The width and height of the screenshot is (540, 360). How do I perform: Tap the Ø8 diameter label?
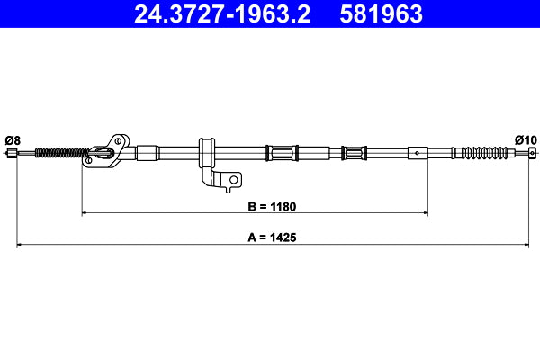pyautogui.click(x=13, y=139)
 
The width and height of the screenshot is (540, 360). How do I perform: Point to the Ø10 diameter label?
pyautogui.click(x=526, y=139)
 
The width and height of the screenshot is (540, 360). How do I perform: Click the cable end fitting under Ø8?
pyautogui.click(x=12, y=154)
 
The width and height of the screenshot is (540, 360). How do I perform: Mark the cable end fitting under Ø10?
pyautogui.click(x=530, y=153)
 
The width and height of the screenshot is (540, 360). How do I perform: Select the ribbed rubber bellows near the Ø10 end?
pyautogui.click(x=486, y=152)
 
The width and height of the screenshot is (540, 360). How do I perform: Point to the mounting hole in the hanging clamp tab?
pyautogui.click(x=233, y=180)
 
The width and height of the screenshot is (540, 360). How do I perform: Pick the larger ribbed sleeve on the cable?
pyautogui.click(x=281, y=152)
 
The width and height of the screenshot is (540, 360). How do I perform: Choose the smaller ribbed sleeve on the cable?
pyautogui.click(x=354, y=152)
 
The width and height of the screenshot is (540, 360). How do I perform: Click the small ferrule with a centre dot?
pyautogui.click(x=418, y=152)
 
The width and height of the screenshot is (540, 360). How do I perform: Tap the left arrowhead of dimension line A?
pyautogui.click(x=21, y=245)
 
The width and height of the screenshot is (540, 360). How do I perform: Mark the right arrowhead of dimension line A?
pyautogui.click(x=526, y=245)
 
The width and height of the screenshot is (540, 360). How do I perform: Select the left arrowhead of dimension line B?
pyautogui.click(x=85, y=213)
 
